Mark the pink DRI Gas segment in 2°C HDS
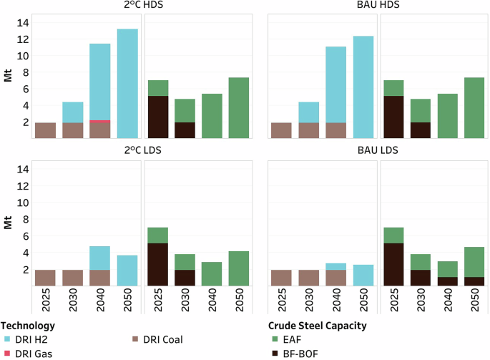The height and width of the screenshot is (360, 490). coord(99,121)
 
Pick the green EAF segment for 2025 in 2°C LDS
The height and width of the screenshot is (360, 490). coord(158,235)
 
